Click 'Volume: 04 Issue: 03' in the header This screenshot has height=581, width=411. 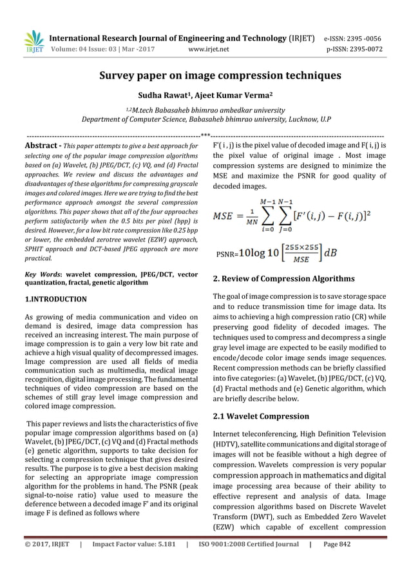point(84,48)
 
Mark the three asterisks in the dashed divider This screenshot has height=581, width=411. point(205,136)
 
